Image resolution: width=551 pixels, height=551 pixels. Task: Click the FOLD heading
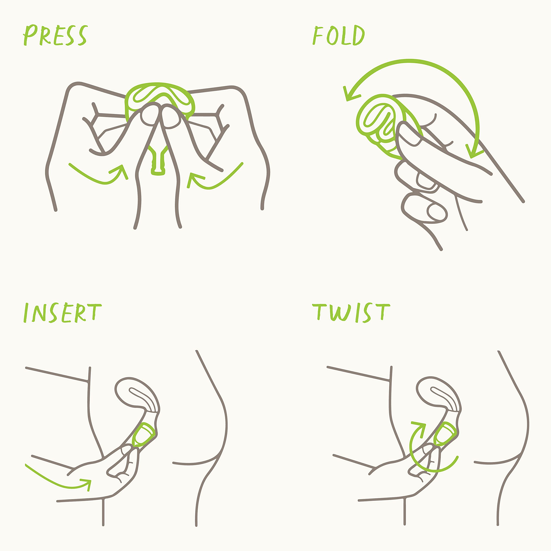click(x=339, y=35)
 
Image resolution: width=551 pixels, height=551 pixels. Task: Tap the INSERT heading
click(x=62, y=313)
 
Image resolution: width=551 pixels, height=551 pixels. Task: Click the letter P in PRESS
click(x=30, y=35)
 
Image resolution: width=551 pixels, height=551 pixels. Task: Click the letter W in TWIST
click(x=340, y=313)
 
